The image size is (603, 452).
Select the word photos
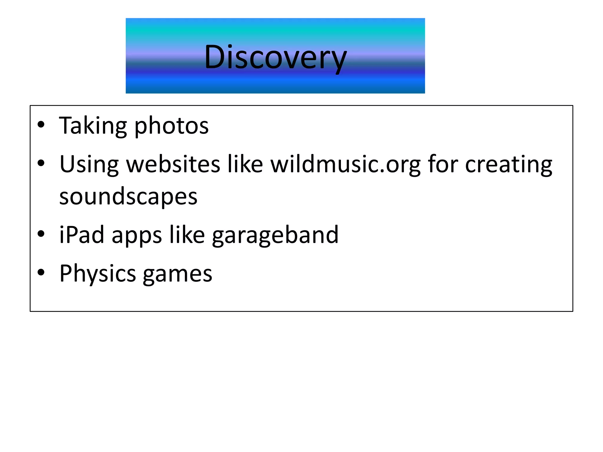click(x=171, y=126)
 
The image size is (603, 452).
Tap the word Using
click(x=89, y=164)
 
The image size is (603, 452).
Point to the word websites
click(x=173, y=164)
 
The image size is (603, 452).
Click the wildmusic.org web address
click(x=346, y=164)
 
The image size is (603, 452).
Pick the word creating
click(x=508, y=164)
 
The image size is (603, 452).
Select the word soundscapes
click(x=128, y=197)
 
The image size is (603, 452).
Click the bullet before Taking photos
click(x=41, y=125)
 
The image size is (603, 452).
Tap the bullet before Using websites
click(x=41, y=163)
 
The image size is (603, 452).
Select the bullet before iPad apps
click(x=41, y=234)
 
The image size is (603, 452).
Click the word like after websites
click(x=245, y=164)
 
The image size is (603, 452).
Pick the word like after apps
click(x=187, y=235)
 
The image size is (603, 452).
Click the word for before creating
click(x=443, y=164)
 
